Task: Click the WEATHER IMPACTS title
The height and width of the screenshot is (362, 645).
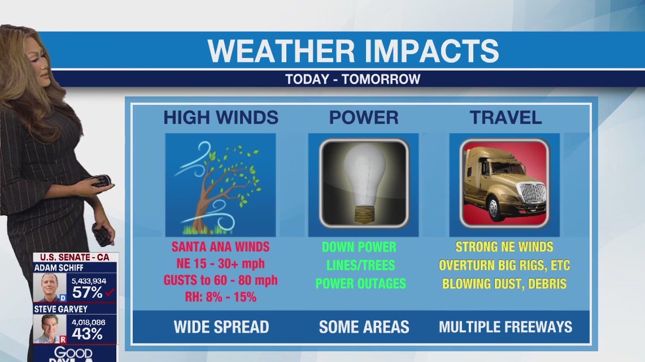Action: (353, 51)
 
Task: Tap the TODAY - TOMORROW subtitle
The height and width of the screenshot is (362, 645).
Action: (353, 79)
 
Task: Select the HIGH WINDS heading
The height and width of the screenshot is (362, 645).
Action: (221, 117)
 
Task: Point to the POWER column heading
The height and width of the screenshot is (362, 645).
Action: (364, 117)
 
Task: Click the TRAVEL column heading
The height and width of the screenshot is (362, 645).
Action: (505, 117)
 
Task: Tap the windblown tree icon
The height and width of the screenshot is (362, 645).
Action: (220, 185)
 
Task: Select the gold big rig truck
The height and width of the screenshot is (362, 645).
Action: (504, 183)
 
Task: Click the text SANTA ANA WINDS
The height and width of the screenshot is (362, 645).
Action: (220, 247)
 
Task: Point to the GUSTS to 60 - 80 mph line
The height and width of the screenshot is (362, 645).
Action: (220, 280)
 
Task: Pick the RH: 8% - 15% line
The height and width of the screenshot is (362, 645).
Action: (220, 297)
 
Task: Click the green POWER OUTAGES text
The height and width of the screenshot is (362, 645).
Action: (360, 284)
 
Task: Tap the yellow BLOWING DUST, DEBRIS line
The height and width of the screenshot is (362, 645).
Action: (504, 284)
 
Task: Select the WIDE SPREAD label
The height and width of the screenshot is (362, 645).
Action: (221, 326)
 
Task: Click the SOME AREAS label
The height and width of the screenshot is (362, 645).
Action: (364, 326)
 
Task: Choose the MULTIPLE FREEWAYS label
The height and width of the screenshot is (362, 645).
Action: (505, 326)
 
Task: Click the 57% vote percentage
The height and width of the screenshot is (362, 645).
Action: (87, 292)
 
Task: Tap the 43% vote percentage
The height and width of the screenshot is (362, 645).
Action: (87, 333)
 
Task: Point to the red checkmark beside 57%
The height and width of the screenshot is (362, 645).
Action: (110, 292)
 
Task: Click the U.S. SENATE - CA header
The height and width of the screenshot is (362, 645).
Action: (75, 257)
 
